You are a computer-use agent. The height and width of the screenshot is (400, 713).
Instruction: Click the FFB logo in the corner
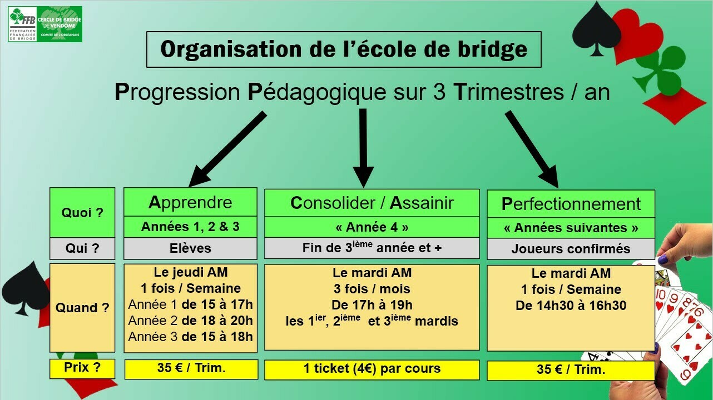(x=45, y=24)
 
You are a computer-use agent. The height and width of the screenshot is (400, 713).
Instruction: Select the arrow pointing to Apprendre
(x=227, y=149)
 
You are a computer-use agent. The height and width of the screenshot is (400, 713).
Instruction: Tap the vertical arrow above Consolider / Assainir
(x=363, y=148)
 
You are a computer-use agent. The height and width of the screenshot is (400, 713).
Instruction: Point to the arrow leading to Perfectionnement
(x=532, y=149)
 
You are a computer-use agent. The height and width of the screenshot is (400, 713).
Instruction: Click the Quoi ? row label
(x=82, y=212)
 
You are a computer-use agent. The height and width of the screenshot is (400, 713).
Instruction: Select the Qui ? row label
(x=82, y=248)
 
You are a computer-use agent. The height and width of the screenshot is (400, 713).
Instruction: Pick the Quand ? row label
(x=82, y=307)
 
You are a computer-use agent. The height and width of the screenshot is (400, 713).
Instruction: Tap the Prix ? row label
(x=82, y=368)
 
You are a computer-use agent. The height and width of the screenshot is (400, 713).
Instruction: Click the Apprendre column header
(x=190, y=202)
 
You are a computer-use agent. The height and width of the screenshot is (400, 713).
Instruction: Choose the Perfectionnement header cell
(x=571, y=204)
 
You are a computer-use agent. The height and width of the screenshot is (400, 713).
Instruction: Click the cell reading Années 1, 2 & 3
(x=190, y=227)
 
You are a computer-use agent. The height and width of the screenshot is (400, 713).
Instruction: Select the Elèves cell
(x=190, y=248)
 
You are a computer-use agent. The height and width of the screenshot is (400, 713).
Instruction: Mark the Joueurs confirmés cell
(x=571, y=249)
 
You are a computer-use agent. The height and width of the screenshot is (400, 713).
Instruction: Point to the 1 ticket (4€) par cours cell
(x=372, y=369)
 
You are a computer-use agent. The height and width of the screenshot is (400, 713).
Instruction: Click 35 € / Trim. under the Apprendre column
(x=191, y=369)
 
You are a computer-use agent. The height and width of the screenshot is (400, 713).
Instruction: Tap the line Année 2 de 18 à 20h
(x=190, y=321)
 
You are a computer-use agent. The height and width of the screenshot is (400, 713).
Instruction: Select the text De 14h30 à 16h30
(x=571, y=306)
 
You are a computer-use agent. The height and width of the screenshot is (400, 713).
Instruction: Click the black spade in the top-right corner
(x=596, y=29)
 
